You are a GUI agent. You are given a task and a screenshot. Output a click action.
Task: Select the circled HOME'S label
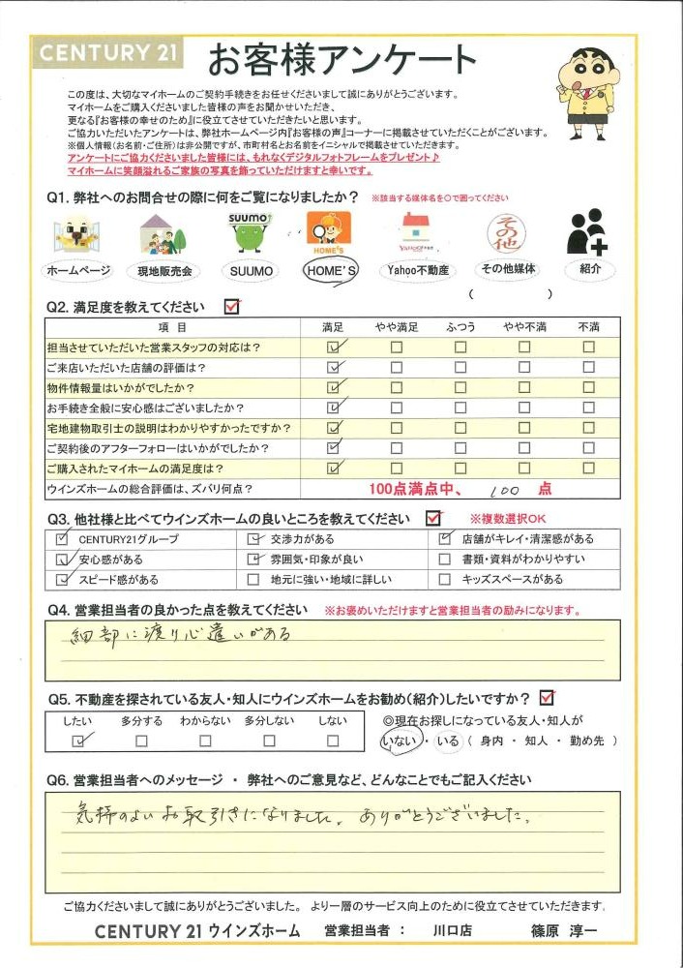[330, 272]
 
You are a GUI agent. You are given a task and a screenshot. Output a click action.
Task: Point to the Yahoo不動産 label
[416, 271]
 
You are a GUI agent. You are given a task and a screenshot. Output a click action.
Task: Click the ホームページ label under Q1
[78, 271]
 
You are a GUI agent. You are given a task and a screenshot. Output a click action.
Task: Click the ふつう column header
[460, 327]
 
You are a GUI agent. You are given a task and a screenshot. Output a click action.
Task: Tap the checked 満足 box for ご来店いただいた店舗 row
[335, 367]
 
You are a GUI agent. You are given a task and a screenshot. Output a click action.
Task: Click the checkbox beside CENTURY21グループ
[63, 538]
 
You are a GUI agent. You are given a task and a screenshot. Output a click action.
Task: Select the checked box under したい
[79, 741]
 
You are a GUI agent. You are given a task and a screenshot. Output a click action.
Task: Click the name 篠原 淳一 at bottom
[565, 931]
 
